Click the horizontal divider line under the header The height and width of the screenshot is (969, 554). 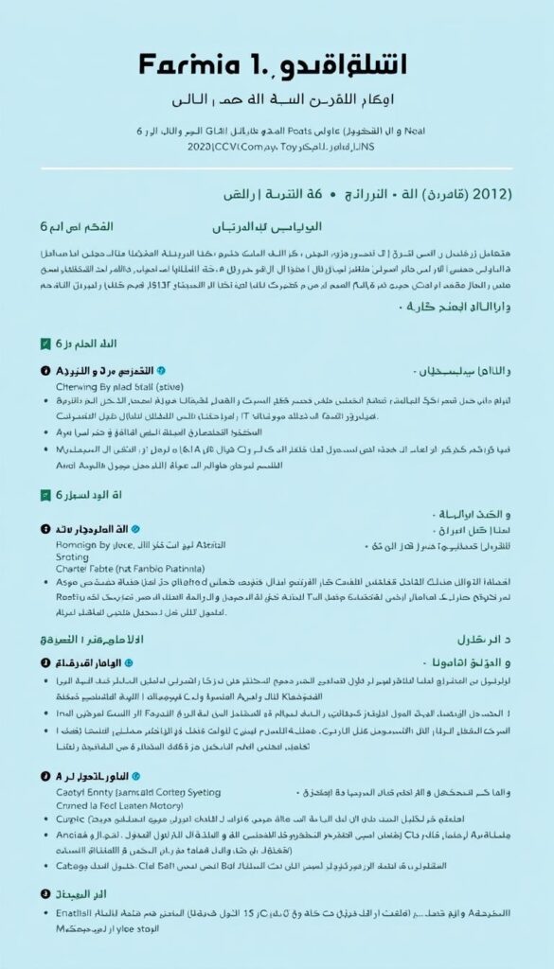point(277,169)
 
